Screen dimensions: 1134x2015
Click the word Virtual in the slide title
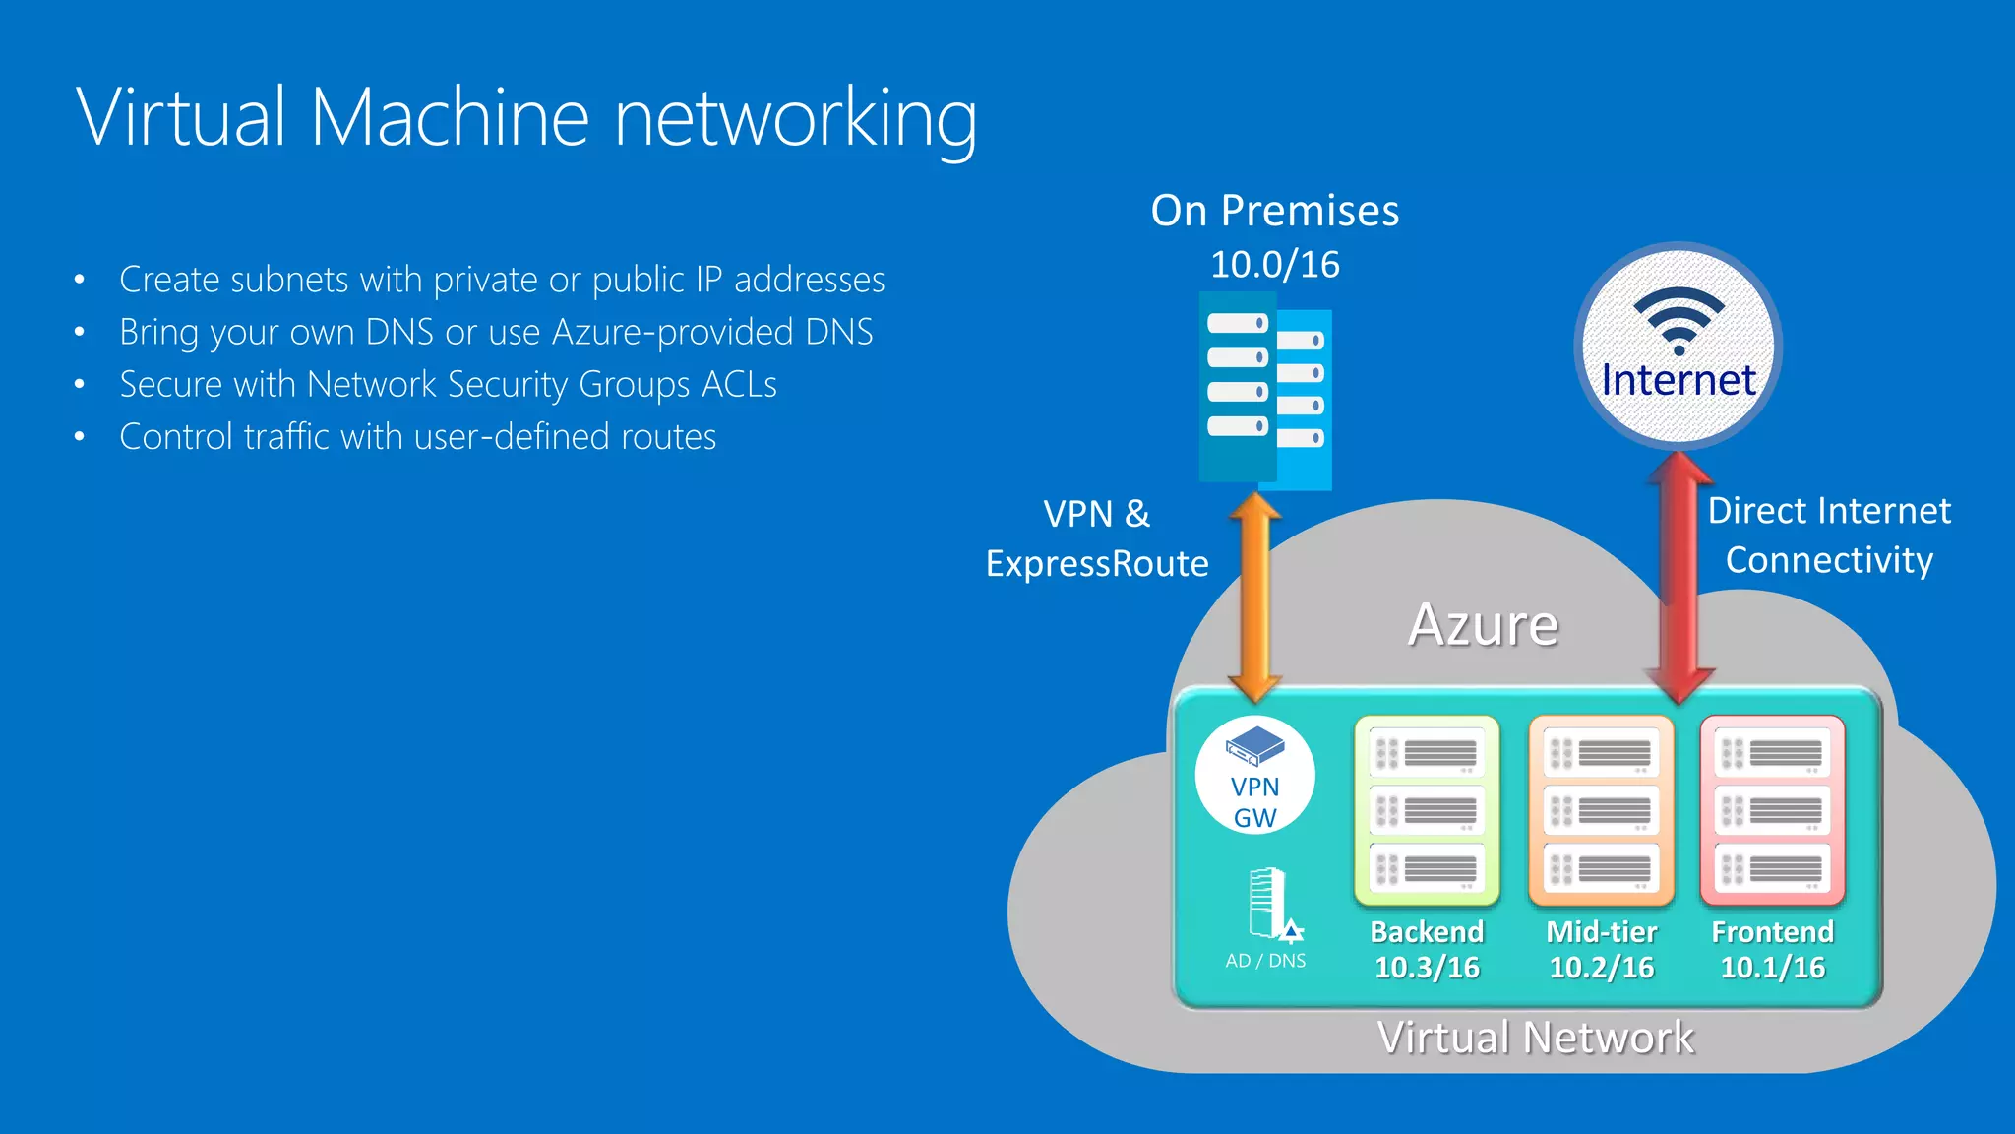[181, 118]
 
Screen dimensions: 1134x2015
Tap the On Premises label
[1274, 211]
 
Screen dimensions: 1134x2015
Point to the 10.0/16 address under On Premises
[1274, 264]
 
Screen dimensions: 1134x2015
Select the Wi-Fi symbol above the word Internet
[1679, 321]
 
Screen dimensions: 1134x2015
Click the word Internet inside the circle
[1679, 380]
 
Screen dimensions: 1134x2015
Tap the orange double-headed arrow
[1255, 597]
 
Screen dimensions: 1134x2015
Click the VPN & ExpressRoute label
[1097, 538]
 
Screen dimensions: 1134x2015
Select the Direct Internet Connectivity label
[1829, 535]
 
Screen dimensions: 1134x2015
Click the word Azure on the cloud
[1483, 624]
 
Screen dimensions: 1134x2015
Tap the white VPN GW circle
[1254, 776]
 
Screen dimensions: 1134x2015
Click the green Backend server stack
[1427, 810]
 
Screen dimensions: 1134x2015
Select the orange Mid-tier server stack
[1601, 810]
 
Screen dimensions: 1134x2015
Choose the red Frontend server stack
[1772, 810]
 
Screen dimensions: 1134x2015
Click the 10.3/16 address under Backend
[1427, 968]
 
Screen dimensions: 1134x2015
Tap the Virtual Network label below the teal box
[1535, 1038]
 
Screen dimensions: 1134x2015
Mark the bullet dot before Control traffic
[80, 437]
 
